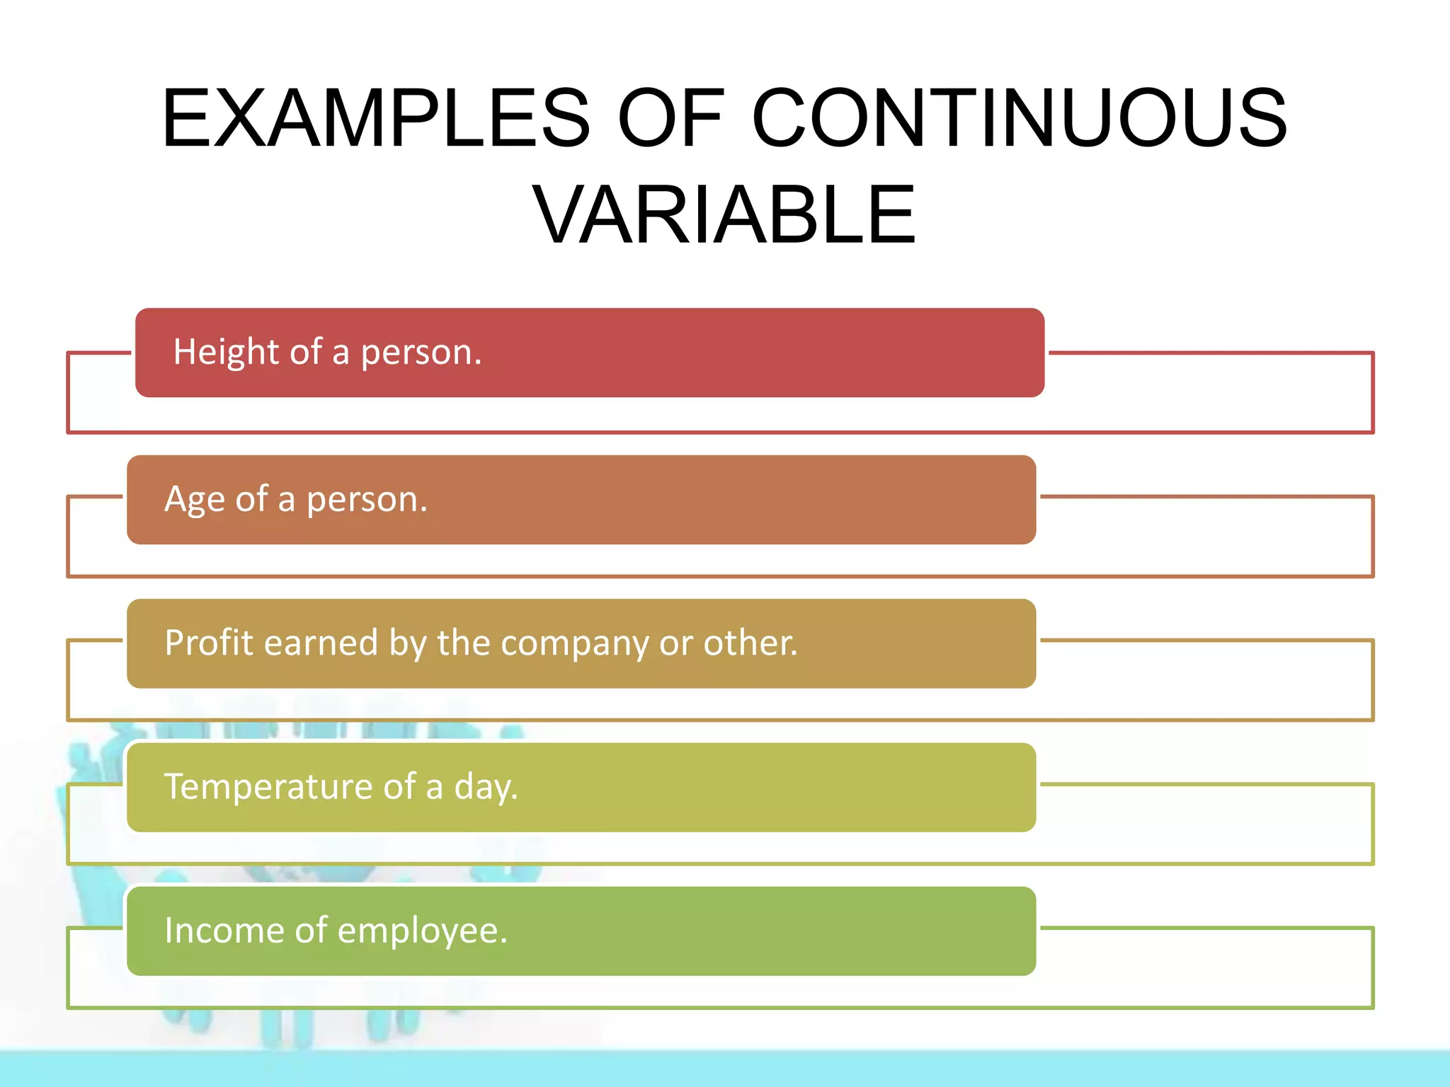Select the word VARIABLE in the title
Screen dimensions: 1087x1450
[x=724, y=214]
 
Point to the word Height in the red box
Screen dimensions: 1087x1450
[x=226, y=352]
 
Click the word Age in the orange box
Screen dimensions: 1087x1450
[x=194, y=500]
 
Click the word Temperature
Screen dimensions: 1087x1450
[x=268, y=787]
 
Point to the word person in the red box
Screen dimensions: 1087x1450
[x=421, y=353]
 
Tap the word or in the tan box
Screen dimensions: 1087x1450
[x=675, y=644]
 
